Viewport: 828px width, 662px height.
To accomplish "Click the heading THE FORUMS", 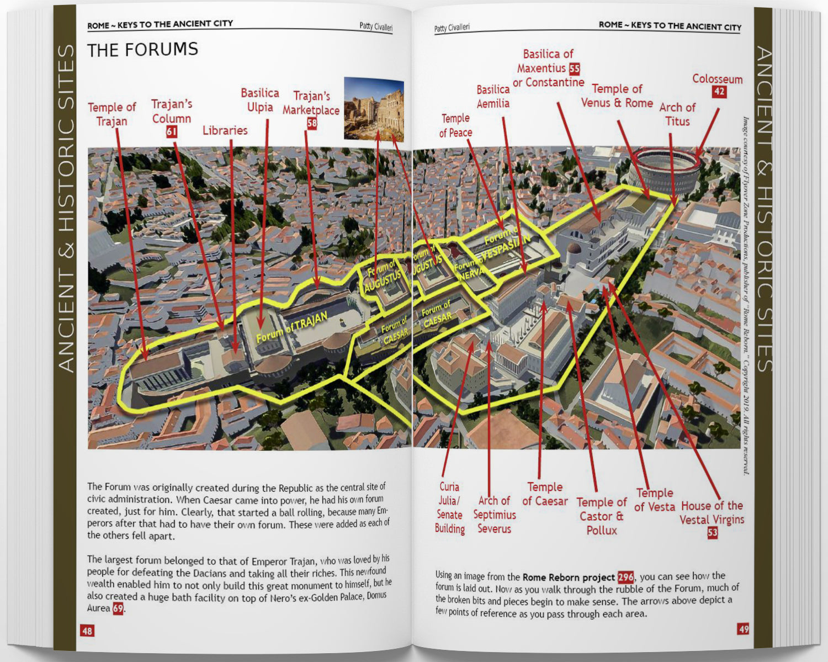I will pos(142,50).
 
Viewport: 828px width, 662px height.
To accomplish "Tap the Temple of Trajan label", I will pos(112,114).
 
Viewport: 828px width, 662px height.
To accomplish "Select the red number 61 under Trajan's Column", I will pos(172,132).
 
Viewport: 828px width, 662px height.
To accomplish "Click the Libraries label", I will pos(225,130).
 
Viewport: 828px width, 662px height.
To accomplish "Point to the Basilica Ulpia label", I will pos(260,100).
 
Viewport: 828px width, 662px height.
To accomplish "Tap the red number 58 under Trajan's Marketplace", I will pos(312,123).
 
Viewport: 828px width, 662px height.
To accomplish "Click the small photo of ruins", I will pos(374,109).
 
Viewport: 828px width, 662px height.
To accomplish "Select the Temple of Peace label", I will pos(455,125).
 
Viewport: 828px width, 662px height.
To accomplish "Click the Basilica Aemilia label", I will pos(493,97).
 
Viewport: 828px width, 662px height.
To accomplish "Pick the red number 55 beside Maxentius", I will pos(575,68).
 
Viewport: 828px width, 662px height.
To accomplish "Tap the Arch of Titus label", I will pos(677,114).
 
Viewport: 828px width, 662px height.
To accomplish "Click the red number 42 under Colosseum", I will pos(719,92).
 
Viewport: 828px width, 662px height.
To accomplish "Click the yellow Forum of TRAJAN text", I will pos(292,326).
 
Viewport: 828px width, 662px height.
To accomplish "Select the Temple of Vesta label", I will pos(654,500).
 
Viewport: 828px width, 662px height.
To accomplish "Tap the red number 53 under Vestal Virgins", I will pos(713,532).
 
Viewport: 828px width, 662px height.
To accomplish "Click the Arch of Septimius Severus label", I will pos(494,515).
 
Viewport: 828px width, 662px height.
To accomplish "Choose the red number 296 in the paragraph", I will pos(625,577).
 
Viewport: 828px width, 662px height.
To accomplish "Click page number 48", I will pos(87,631).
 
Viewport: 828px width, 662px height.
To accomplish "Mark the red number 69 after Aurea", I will pos(118,608).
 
